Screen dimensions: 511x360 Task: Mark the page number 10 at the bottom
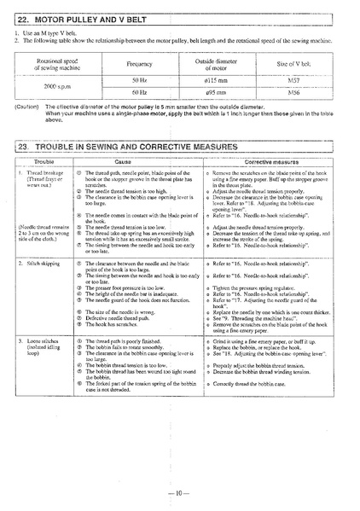(x=180, y=494)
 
